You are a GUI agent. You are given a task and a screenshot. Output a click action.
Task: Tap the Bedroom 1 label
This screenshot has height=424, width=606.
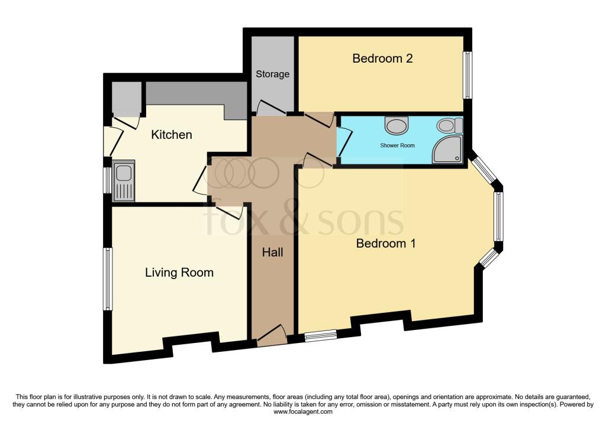click(386, 243)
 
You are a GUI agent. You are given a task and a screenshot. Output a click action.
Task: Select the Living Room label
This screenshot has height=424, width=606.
click(179, 273)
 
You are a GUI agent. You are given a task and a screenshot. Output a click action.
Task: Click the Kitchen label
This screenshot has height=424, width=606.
click(172, 135)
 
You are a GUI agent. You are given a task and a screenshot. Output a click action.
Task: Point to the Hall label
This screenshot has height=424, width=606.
click(272, 253)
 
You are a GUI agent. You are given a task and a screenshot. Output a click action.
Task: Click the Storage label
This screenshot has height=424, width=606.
click(273, 74)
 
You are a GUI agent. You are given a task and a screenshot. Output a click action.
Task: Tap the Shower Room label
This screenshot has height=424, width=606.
click(397, 145)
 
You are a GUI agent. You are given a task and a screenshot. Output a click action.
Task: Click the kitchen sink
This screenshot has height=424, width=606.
click(124, 173)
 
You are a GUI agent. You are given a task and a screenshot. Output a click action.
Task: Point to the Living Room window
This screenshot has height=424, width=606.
click(108, 279)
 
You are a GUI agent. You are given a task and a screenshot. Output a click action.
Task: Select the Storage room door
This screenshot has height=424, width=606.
click(269, 109)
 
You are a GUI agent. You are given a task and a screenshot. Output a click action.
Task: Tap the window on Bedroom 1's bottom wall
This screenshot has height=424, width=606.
click(320, 336)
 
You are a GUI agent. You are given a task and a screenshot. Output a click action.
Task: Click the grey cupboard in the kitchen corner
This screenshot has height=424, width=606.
click(126, 99)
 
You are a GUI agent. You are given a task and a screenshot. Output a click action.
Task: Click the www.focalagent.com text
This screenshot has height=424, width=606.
click(302, 412)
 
